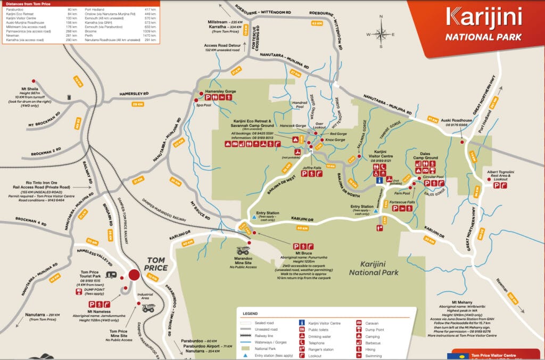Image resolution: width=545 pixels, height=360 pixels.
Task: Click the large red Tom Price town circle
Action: click(x=134, y=275)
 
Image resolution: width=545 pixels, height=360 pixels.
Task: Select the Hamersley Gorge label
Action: click(x=220, y=92)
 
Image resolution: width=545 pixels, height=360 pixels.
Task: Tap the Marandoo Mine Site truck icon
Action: click(x=244, y=251)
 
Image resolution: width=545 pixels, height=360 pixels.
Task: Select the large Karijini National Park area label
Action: click(x=371, y=268)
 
